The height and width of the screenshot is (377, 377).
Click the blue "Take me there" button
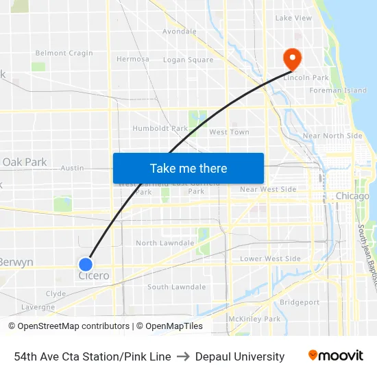click(x=188, y=168)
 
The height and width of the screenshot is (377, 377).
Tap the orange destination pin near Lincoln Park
click(x=293, y=58)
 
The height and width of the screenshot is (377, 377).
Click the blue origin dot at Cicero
click(x=86, y=264)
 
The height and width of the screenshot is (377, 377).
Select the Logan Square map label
click(x=188, y=60)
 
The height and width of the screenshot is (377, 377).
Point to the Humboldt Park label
click(x=160, y=128)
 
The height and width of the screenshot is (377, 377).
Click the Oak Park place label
click(x=25, y=162)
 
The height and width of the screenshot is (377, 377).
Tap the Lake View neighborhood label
click(x=293, y=18)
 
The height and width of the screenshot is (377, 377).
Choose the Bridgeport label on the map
click(x=300, y=302)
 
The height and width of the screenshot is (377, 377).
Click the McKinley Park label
click(x=254, y=319)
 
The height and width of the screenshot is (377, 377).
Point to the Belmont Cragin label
click(x=64, y=53)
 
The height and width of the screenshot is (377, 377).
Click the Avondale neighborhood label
click(x=180, y=32)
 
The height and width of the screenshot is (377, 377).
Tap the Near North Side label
click(x=332, y=136)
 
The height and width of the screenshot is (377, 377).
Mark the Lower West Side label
click(x=270, y=258)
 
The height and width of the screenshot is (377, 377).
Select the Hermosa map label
click(x=132, y=59)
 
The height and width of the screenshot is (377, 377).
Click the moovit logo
click(x=335, y=356)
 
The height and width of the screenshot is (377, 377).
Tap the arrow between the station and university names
click(x=183, y=356)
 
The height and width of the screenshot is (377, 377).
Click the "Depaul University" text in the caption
click(x=240, y=356)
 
